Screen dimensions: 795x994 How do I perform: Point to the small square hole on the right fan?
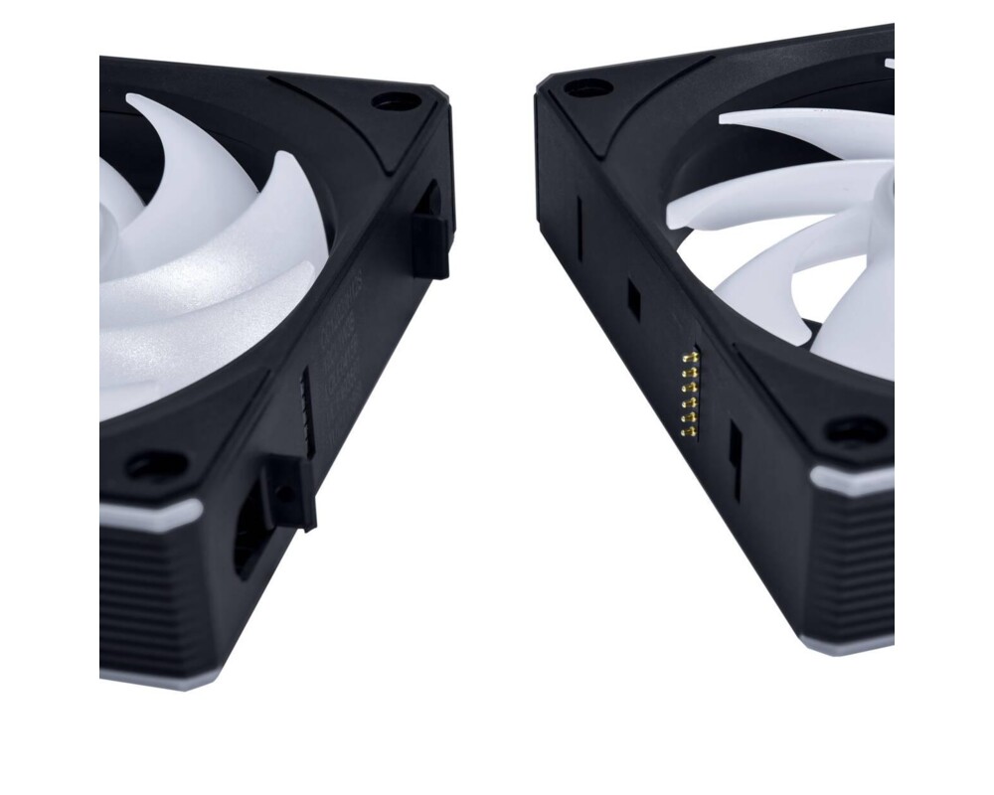633,295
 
